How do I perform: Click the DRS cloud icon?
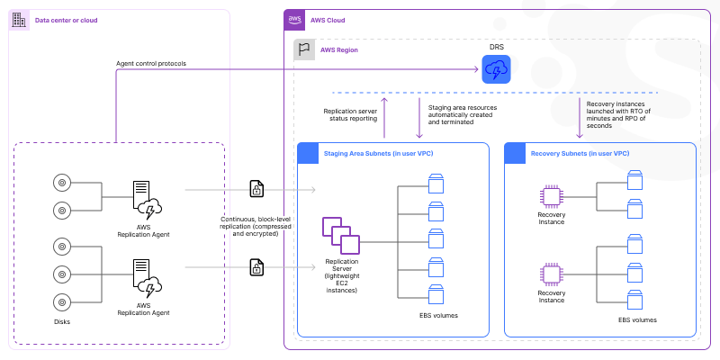click(495, 69)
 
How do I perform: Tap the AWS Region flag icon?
click(305, 49)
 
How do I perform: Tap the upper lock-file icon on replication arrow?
click(256, 190)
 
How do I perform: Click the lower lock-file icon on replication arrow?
click(256, 267)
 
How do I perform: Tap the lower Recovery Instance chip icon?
click(551, 273)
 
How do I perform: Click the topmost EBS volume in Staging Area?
click(436, 184)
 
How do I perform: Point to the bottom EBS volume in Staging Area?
click(436, 294)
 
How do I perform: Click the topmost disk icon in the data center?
click(61, 183)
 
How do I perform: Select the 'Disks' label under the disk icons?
click(61, 320)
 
